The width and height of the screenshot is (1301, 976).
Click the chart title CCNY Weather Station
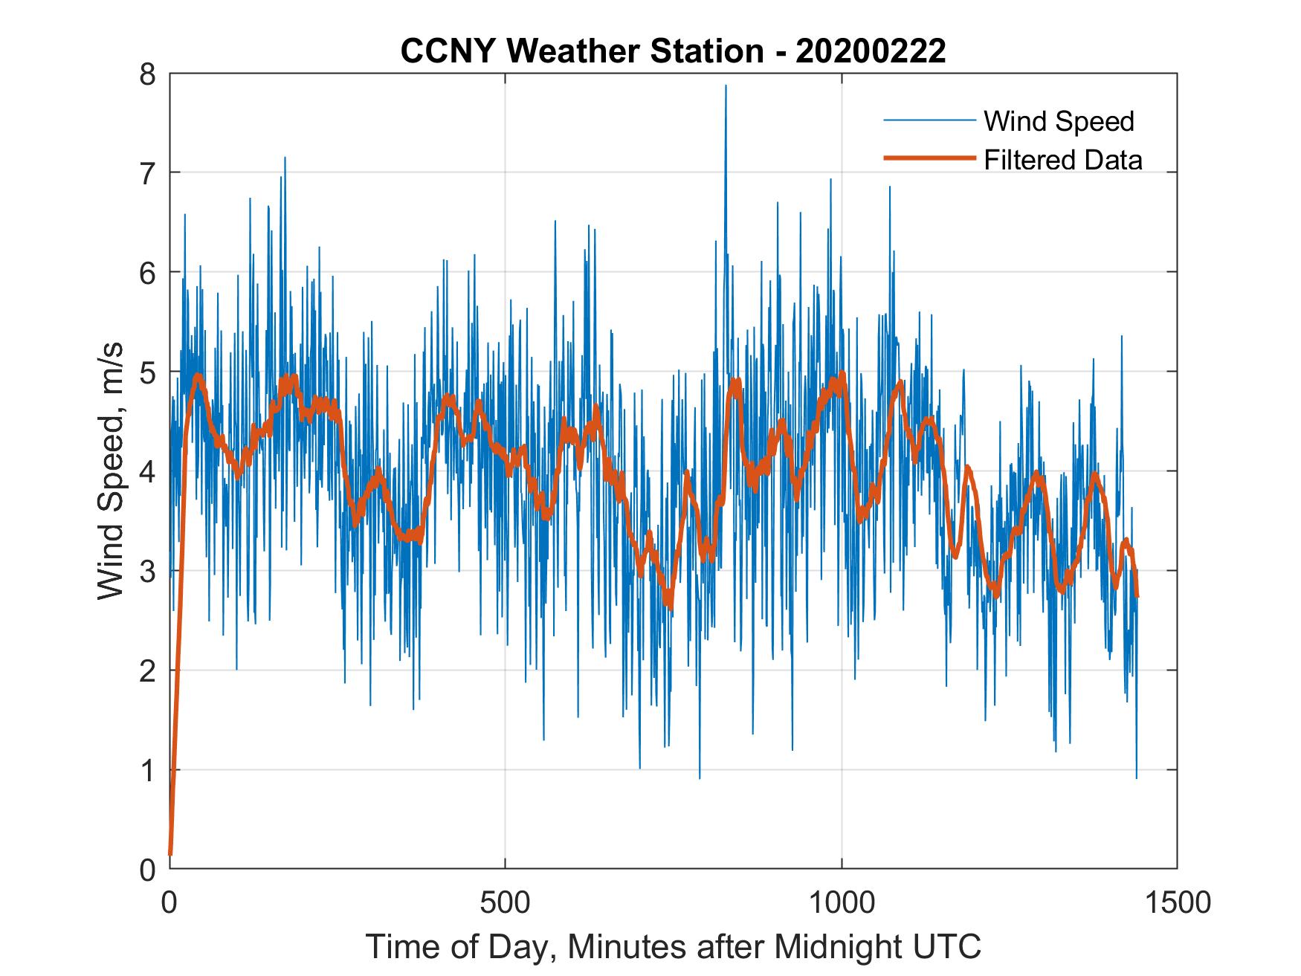point(581,51)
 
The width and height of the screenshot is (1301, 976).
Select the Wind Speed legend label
point(1059,121)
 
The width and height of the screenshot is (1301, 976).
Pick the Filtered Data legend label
point(1062,160)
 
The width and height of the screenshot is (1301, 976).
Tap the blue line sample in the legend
point(929,120)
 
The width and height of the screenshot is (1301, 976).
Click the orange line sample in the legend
point(929,158)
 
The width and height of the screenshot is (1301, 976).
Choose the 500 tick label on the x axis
point(505,902)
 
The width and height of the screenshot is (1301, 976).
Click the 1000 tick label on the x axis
point(842,902)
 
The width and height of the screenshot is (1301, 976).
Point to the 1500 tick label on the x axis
point(1177,902)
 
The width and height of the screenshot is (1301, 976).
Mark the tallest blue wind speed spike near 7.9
point(726,87)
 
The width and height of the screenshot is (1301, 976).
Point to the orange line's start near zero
point(171,853)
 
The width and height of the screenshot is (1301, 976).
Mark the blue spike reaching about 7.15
point(285,158)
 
